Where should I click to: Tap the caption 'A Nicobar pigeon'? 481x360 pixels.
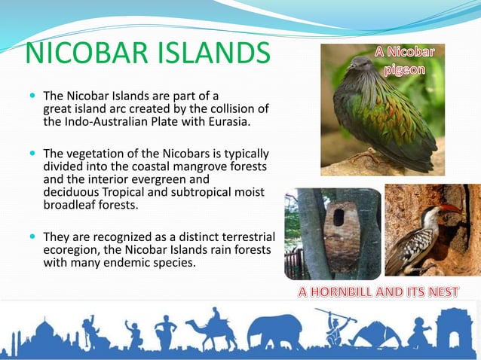406,60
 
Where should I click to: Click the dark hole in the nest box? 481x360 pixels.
339,218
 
